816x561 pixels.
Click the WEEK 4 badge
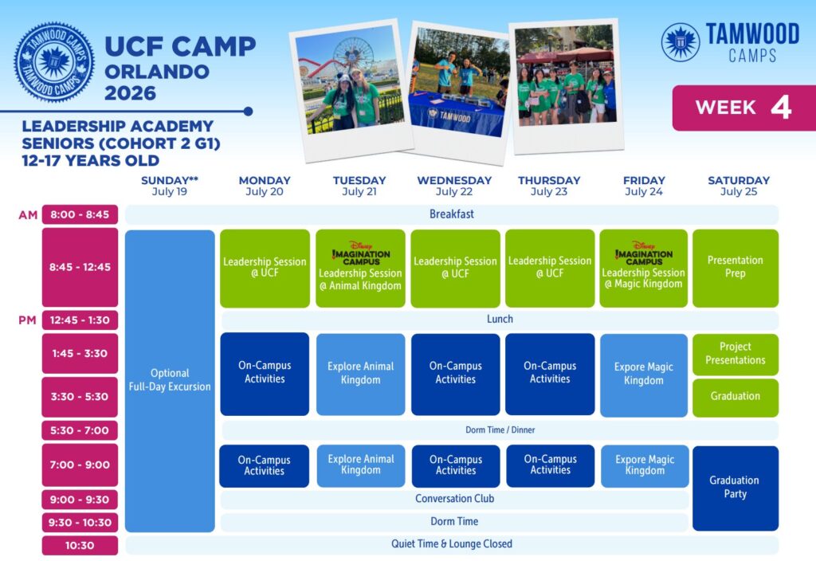[x=744, y=108]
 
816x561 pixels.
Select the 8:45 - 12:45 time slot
[x=80, y=267]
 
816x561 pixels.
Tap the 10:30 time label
[x=80, y=545]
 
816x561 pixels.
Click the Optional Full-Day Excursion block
[x=170, y=380]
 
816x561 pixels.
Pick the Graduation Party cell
[x=736, y=488]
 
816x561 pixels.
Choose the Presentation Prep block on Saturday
[x=736, y=268]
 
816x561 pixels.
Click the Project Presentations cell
[x=736, y=354]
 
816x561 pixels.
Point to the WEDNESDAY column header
[x=454, y=181]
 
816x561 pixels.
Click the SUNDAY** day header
[x=170, y=181]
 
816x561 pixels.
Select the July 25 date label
[x=739, y=192]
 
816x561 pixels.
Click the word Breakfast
[x=452, y=214]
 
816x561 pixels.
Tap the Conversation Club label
[x=454, y=499]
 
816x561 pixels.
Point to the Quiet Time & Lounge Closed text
[x=452, y=543]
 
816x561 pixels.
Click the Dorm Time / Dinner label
[x=500, y=430]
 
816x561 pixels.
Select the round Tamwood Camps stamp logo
[x=54, y=62]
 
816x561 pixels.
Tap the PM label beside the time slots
[x=28, y=320]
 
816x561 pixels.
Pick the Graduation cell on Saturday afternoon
[x=736, y=397]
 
